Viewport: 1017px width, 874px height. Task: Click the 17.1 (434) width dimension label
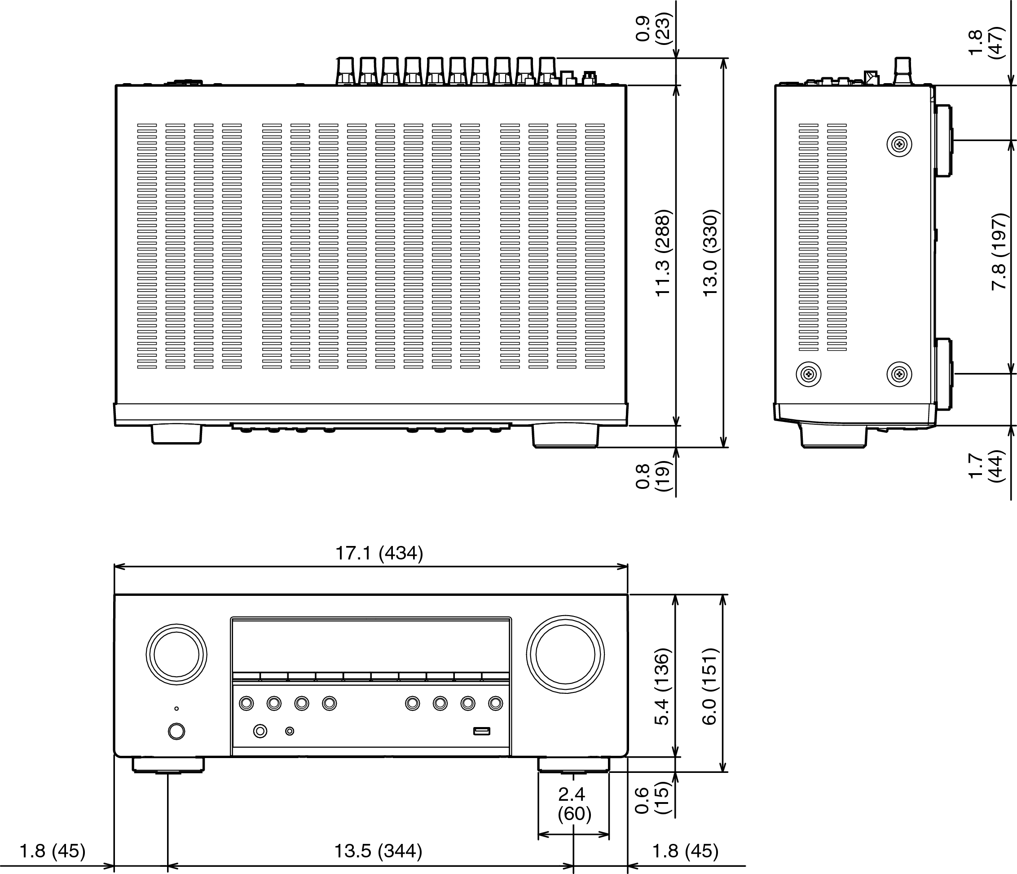point(379,553)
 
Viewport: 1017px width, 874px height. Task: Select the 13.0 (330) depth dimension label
point(711,253)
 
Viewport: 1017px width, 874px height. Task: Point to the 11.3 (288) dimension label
point(663,253)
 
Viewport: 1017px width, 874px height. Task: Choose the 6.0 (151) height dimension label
point(710,686)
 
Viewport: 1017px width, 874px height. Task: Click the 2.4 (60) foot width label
point(574,804)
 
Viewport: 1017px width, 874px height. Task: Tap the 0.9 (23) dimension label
point(652,28)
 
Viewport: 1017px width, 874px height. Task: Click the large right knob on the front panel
point(565,654)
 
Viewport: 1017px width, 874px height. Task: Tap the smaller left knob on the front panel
point(176,654)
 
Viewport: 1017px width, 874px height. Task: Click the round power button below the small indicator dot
point(176,731)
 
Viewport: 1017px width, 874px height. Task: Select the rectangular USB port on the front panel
point(481,731)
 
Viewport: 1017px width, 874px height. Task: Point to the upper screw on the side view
point(899,144)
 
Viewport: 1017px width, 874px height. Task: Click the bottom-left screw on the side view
point(808,374)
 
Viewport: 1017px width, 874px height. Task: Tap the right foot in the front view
point(573,764)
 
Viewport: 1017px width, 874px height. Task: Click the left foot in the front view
point(168,765)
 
